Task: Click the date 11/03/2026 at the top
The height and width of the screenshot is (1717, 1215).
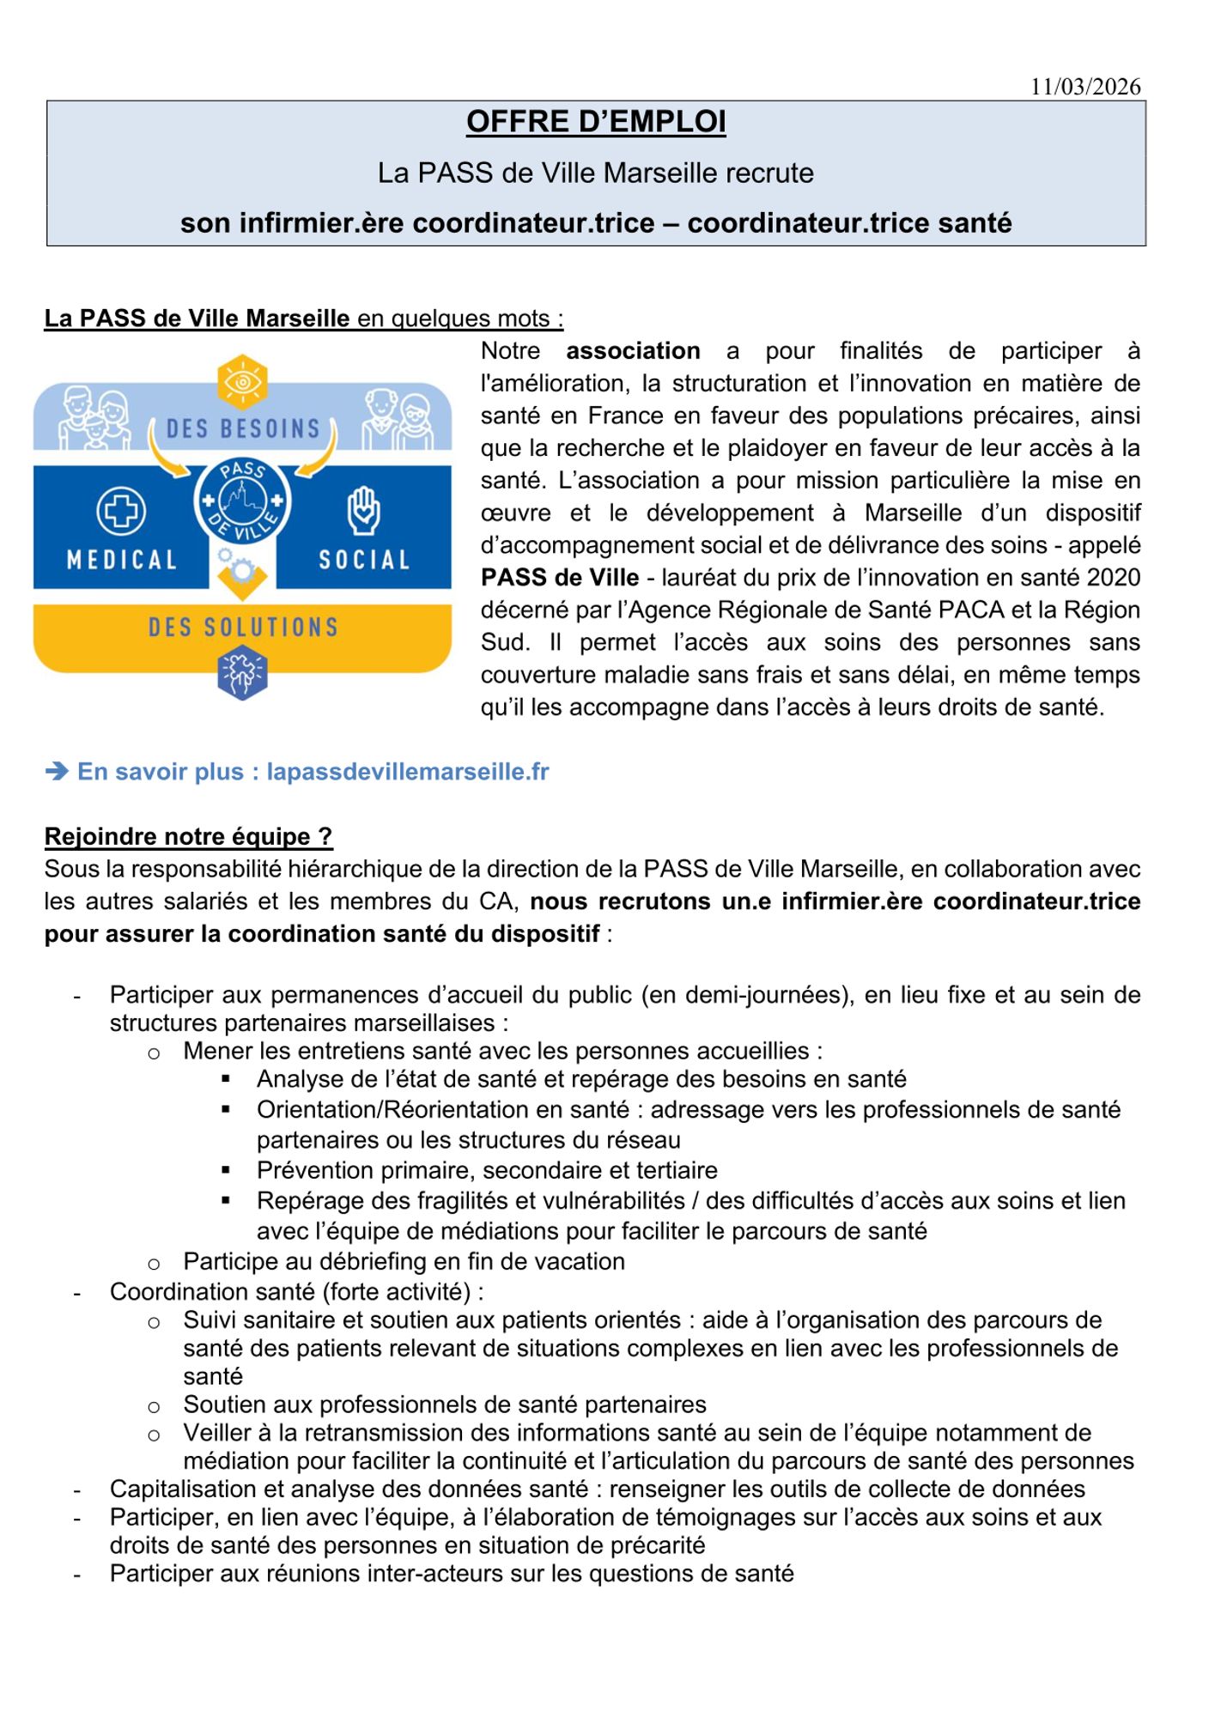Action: click(x=1085, y=87)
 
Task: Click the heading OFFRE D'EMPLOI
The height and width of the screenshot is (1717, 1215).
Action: click(x=596, y=122)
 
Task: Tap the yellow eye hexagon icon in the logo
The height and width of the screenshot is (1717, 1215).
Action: click(x=243, y=381)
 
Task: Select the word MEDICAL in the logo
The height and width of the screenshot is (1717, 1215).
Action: click(x=122, y=561)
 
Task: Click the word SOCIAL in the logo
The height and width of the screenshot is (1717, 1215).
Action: click(x=364, y=561)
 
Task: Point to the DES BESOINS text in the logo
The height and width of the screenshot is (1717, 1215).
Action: click(x=243, y=428)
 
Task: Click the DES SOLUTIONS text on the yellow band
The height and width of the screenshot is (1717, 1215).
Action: click(x=243, y=628)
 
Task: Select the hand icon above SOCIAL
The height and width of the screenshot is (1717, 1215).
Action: click(x=363, y=511)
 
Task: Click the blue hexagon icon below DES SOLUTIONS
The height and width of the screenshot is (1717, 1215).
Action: click(x=243, y=673)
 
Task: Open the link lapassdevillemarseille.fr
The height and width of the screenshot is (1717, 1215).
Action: click(x=408, y=772)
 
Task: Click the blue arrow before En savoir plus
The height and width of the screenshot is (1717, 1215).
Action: click(x=57, y=772)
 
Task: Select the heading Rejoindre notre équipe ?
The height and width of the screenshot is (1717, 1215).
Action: click(x=188, y=836)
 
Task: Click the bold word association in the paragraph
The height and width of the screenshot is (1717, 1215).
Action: click(x=633, y=351)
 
